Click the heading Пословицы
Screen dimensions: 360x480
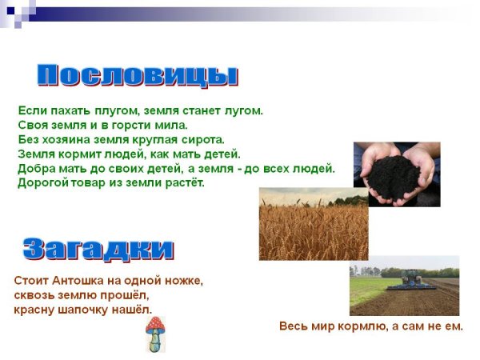tap(138, 75)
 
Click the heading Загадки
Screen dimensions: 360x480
tap(98, 249)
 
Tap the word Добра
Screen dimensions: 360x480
tap(36, 168)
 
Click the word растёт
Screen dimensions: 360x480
tap(184, 182)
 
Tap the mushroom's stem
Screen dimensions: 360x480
tap(155, 342)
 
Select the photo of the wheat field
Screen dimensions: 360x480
tap(313, 224)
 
